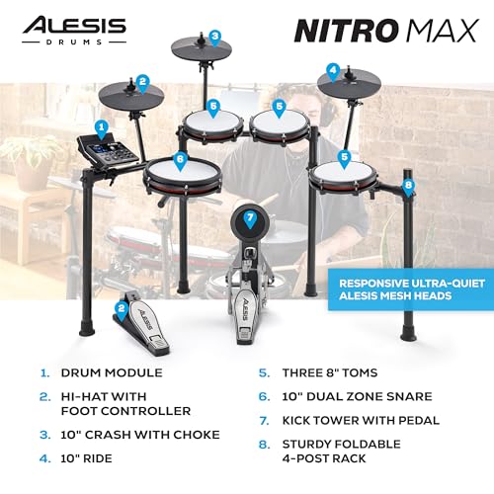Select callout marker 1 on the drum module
pyautogui.click(x=101, y=126)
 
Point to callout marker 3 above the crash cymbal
pyautogui.click(x=214, y=38)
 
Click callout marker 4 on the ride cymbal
pyautogui.click(x=334, y=70)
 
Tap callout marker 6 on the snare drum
pyautogui.click(x=180, y=158)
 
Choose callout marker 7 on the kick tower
pyautogui.click(x=250, y=217)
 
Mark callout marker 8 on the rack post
pyautogui.click(x=408, y=185)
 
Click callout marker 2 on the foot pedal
pyautogui.click(x=121, y=308)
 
